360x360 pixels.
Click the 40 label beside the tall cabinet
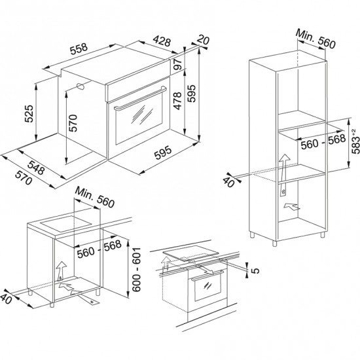(230, 181)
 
